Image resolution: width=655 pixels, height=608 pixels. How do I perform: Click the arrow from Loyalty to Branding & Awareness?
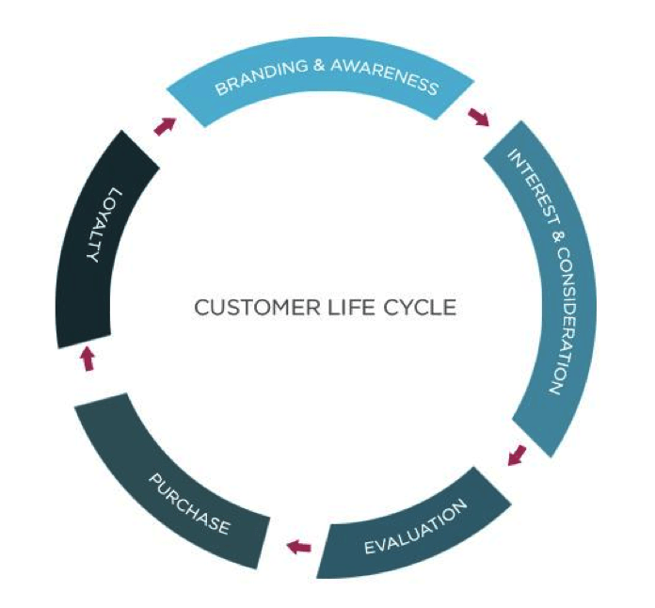point(165,126)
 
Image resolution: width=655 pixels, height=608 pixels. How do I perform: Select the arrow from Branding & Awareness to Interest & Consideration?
point(478,117)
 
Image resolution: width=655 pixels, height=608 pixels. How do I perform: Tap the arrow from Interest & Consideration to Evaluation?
point(516,456)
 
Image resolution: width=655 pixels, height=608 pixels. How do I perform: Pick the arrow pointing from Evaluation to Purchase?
point(298,545)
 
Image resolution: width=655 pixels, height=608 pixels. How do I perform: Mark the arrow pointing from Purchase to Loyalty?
point(88,358)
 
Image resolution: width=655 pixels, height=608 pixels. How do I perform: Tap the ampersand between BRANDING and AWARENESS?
point(311,69)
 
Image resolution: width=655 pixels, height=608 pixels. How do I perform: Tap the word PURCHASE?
point(189,504)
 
